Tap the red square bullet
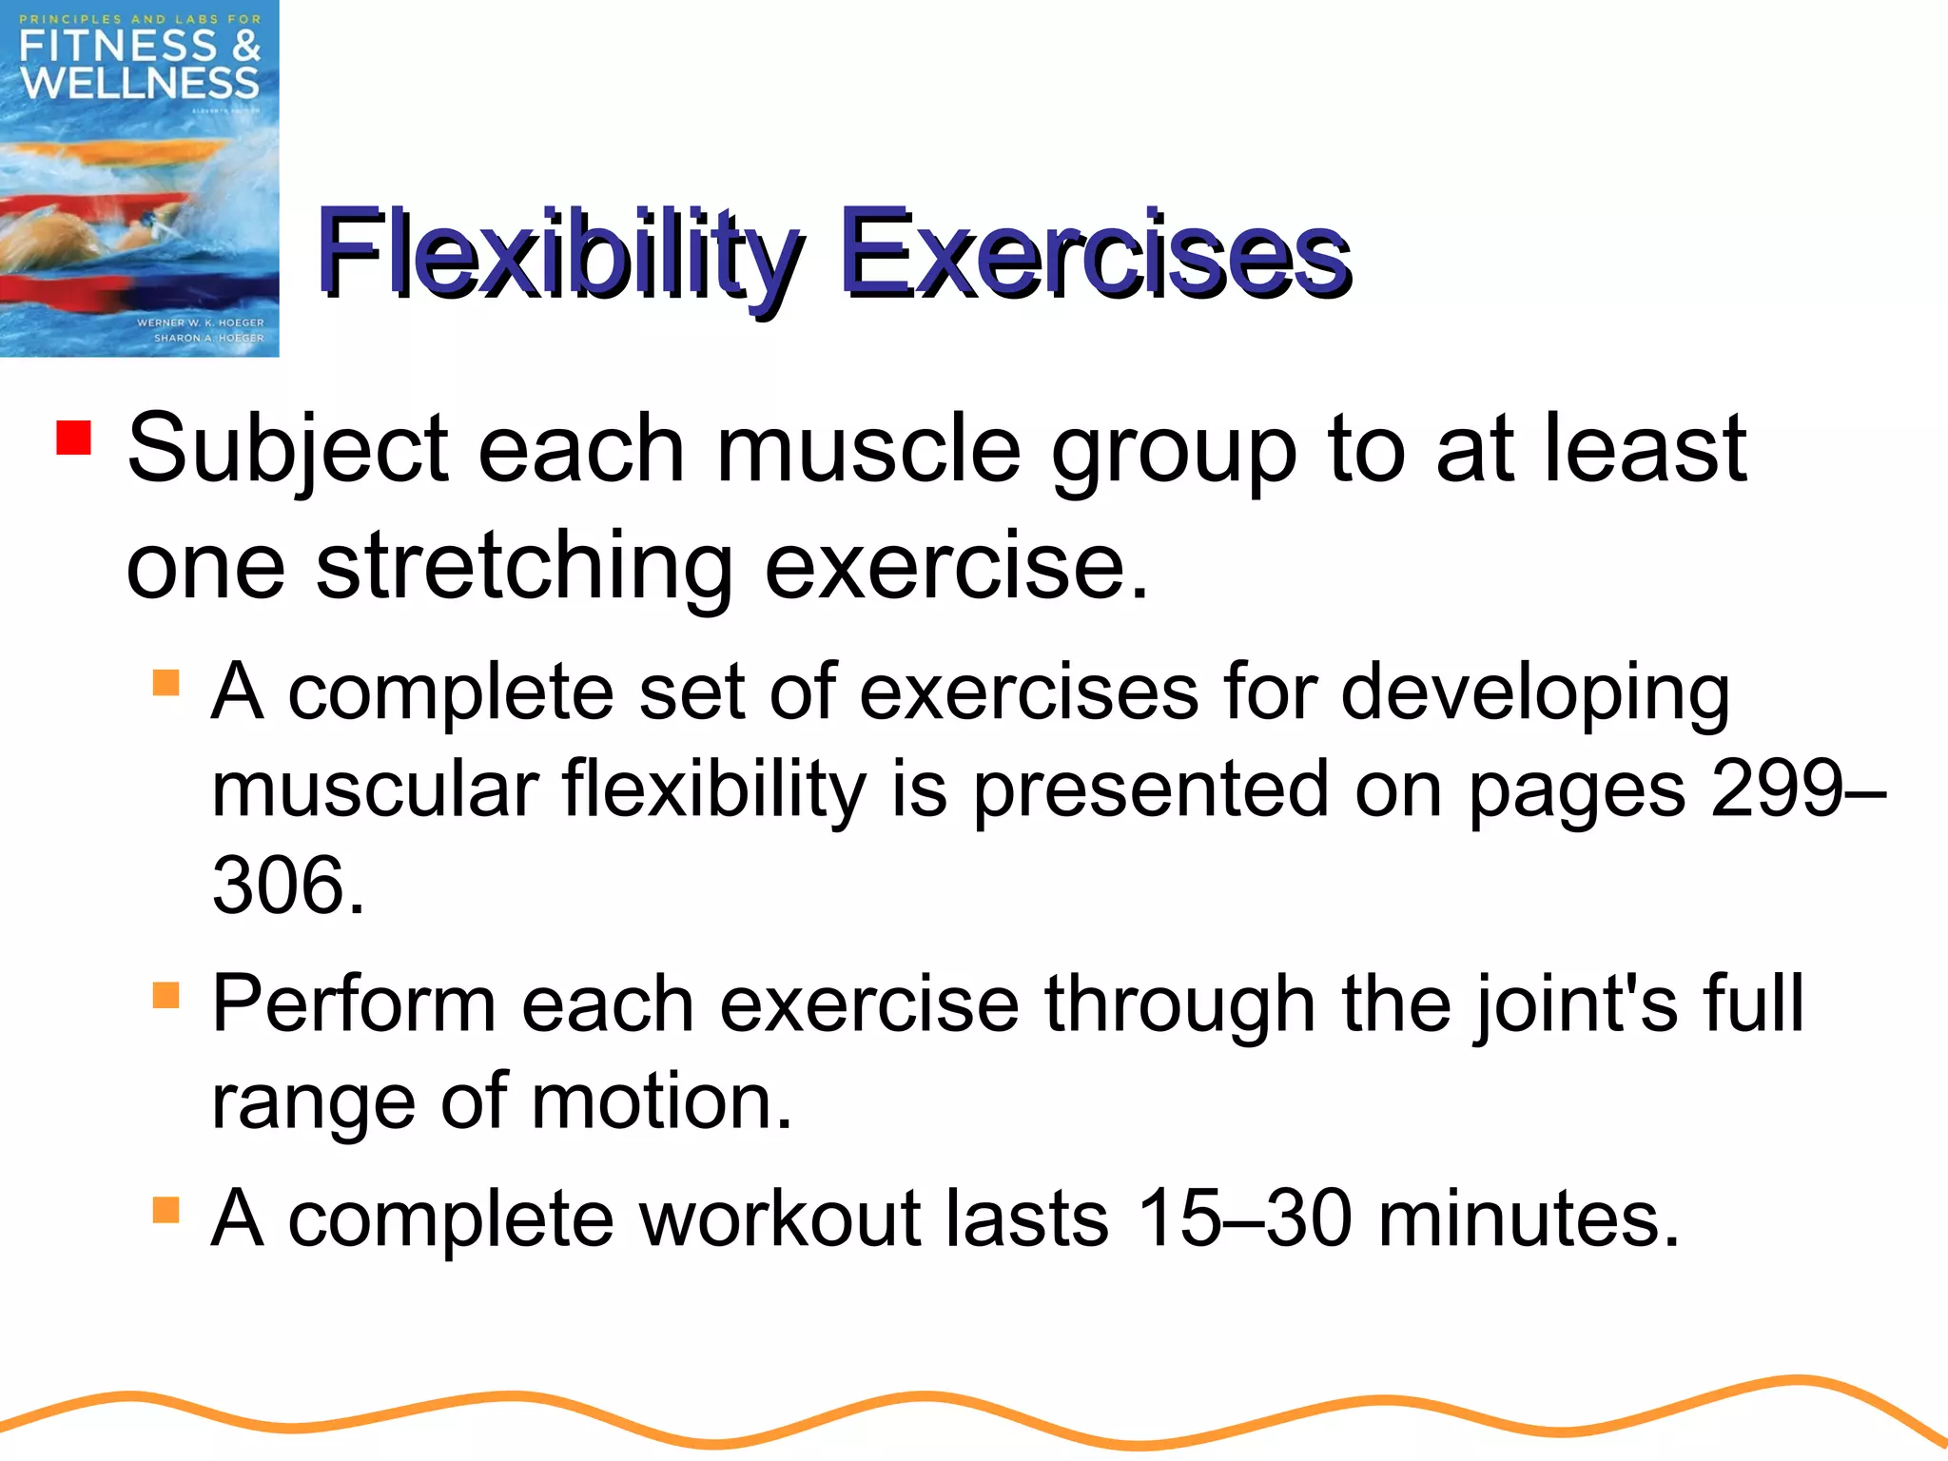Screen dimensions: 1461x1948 pyautogui.click(x=73, y=438)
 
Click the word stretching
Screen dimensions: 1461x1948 pyautogui.click(x=524, y=568)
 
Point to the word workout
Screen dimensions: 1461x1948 pyautogui.click(x=780, y=1218)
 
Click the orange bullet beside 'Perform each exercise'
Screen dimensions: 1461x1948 pyautogui.click(x=166, y=996)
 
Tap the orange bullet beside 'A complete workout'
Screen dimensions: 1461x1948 pyautogui.click(x=166, y=1210)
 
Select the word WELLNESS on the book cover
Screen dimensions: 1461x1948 pyautogui.click(x=140, y=84)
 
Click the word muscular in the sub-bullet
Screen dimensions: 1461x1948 pyautogui.click(x=375, y=789)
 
